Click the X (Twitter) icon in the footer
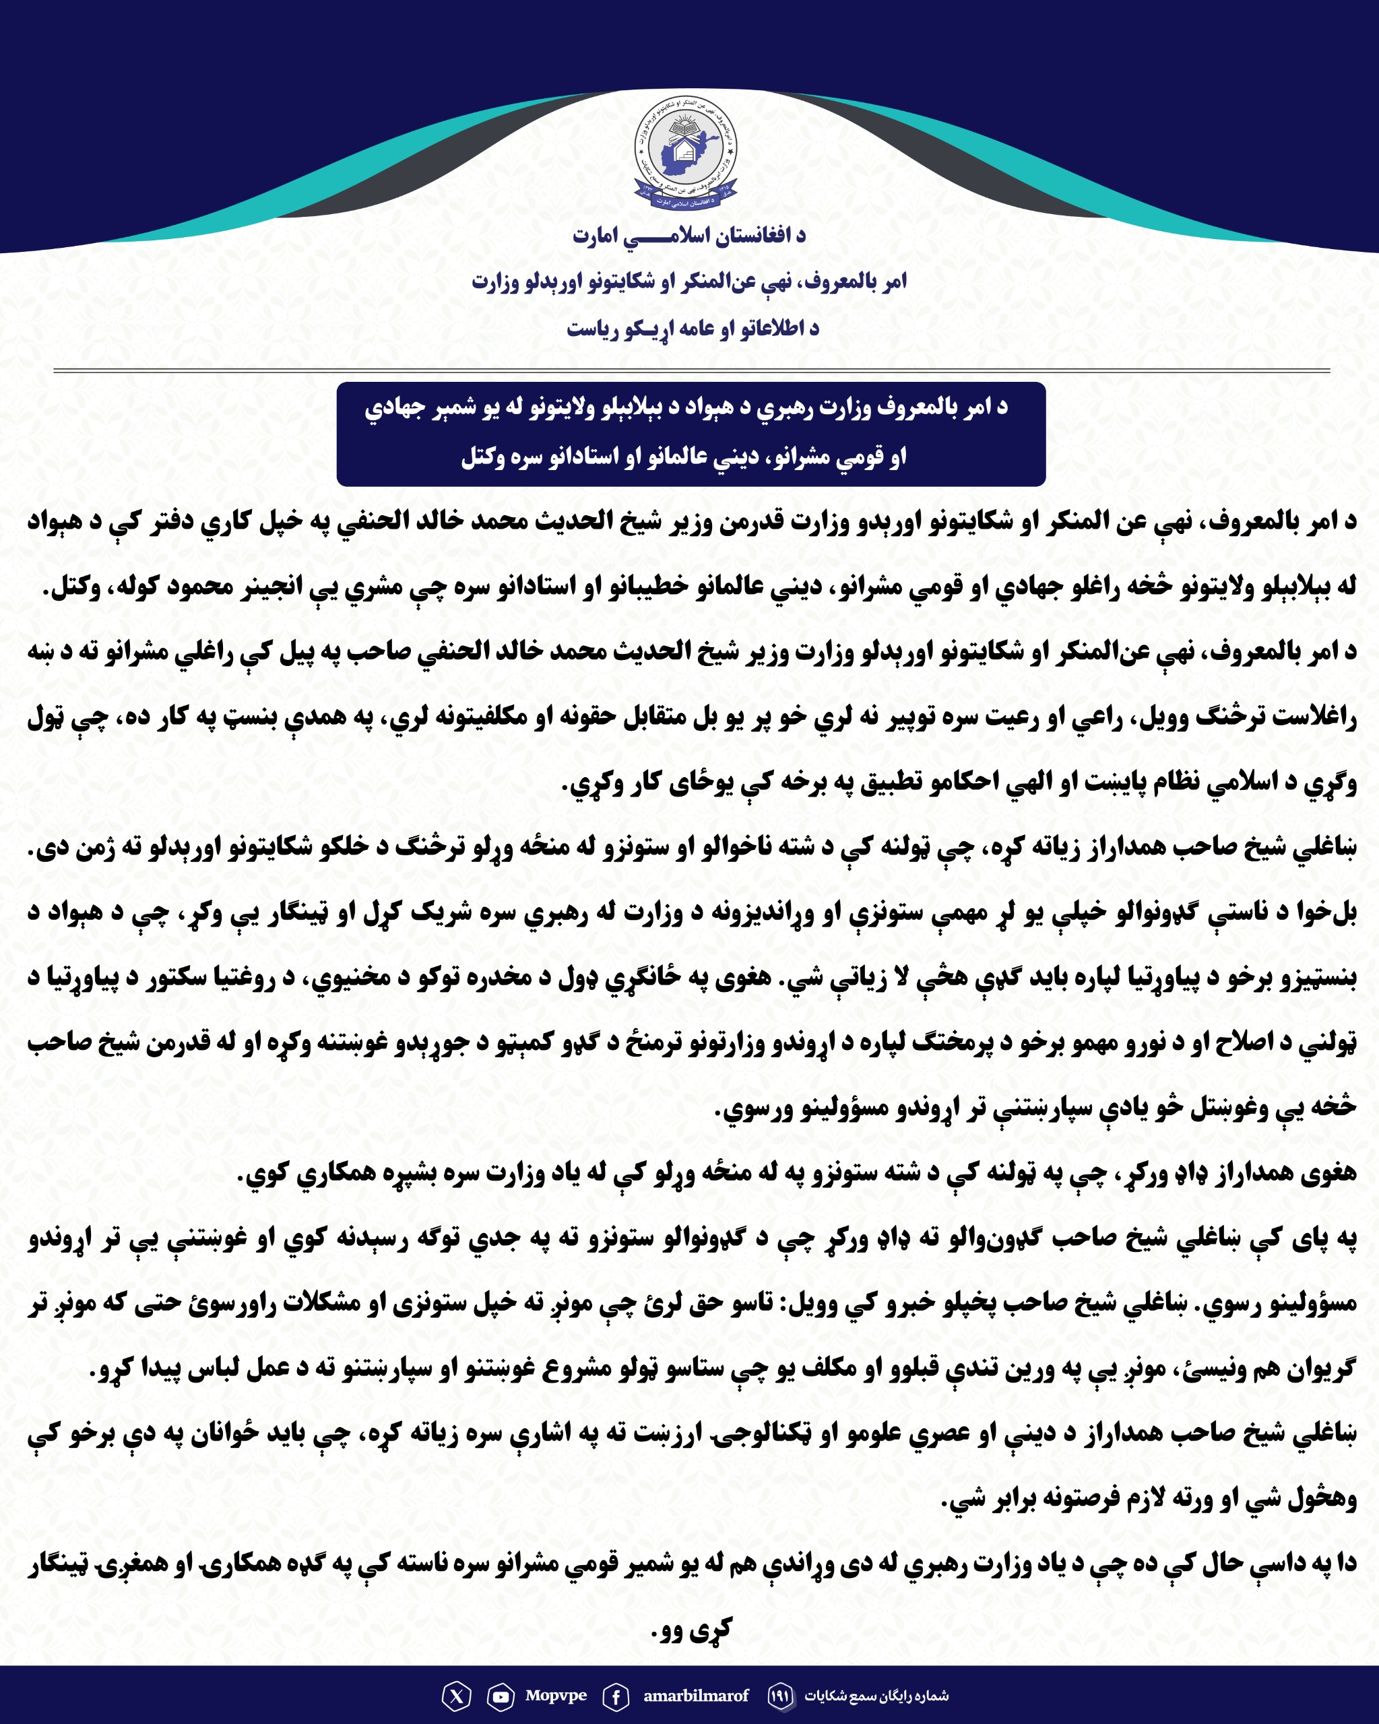(x=456, y=1695)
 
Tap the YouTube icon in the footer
(x=501, y=1695)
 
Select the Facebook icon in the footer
(x=615, y=1695)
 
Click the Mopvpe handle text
(x=556, y=1695)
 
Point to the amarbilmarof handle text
(x=695, y=1695)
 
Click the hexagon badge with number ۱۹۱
(x=780, y=1695)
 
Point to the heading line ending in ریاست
(x=693, y=329)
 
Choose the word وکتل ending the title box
(x=482, y=457)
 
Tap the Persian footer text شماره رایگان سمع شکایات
(x=876, y=1695)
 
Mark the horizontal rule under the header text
(x=691, y=371)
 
